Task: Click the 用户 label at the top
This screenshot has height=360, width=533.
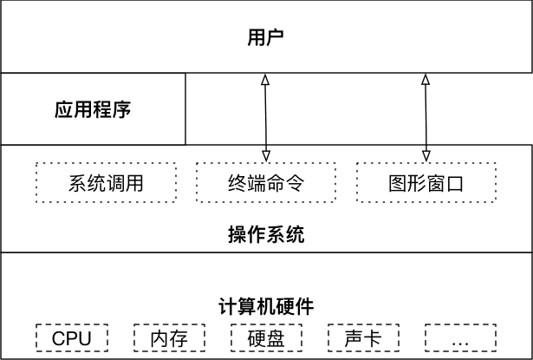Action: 266,37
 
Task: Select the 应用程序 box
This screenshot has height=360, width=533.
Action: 93,110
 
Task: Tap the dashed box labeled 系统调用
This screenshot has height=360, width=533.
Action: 105,184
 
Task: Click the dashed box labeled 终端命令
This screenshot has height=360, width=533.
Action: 265,184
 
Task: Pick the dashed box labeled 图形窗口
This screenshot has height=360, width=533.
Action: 425,184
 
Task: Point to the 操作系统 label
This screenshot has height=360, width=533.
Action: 266,234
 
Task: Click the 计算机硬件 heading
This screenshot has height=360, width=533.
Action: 266,306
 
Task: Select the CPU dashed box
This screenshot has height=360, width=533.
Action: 72,337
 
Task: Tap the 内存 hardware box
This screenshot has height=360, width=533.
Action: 169,337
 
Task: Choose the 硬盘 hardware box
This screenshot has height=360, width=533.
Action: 266,337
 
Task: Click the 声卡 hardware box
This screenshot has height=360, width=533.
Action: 362,337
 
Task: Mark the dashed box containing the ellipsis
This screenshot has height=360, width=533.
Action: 459,337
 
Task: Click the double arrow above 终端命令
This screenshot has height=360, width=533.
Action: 265,117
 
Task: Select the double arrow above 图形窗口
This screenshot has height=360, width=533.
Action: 425,117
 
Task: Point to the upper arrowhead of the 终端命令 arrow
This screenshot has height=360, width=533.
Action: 265,80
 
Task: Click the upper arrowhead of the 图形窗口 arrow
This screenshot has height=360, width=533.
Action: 425,80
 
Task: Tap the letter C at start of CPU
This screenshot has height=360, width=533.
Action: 58,337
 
